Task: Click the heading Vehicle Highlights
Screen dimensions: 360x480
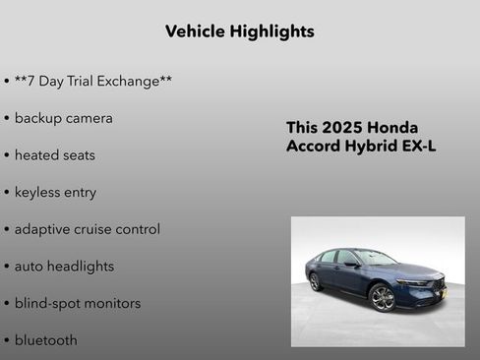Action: point(239,31)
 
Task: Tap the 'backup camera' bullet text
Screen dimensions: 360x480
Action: point(63,118)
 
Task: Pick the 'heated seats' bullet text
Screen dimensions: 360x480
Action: point(54,155)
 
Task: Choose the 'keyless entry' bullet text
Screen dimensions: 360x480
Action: point(55,192)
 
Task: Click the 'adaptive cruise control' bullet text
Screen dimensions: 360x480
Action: point(87,229)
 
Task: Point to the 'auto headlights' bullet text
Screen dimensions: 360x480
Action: point(64,267)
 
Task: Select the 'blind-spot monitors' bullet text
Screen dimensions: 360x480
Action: point(77,303)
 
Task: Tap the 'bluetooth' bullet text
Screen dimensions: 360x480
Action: point(45,340)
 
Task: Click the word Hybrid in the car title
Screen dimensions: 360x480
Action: point(371,147)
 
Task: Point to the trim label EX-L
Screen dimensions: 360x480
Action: point(418,147)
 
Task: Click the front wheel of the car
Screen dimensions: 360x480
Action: point(383,297)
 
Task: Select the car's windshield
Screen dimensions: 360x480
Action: point(375,258)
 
